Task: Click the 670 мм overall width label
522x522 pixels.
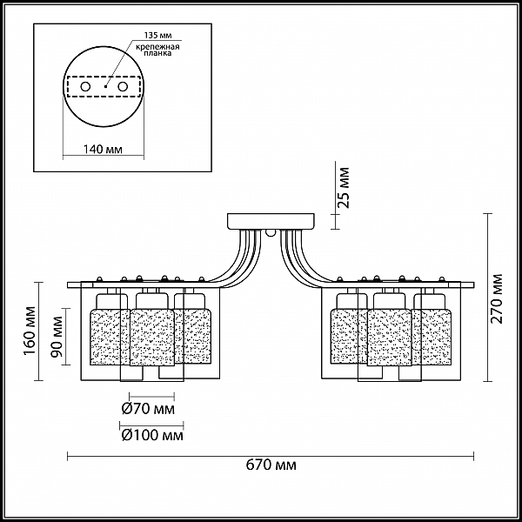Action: (271, 465)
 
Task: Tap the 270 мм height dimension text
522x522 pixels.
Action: (497, 298)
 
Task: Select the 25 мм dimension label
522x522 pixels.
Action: (344, 188)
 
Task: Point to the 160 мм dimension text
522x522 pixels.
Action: (30, 331)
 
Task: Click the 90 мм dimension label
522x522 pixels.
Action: (57, 336)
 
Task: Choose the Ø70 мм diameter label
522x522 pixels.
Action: (148, 409)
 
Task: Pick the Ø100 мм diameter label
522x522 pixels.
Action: (152, 435)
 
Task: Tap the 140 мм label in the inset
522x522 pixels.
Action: (103, 149)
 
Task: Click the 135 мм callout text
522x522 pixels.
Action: (157, 36)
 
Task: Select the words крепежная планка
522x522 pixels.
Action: (157, 50)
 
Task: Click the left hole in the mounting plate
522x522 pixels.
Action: (85, 87)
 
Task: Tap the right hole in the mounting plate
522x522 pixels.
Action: (123, 87)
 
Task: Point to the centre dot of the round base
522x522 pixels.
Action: (105, 86)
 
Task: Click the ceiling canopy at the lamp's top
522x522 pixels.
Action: (271, 221)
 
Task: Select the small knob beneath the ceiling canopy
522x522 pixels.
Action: (271, 232)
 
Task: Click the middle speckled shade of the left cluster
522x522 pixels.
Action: (152, 338)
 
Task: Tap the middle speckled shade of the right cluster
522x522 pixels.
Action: (390, 338)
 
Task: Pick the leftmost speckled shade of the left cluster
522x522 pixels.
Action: (110, 337)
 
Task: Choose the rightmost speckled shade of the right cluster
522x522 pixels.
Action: (432, 336)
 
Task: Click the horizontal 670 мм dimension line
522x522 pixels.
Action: (271, 456)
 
